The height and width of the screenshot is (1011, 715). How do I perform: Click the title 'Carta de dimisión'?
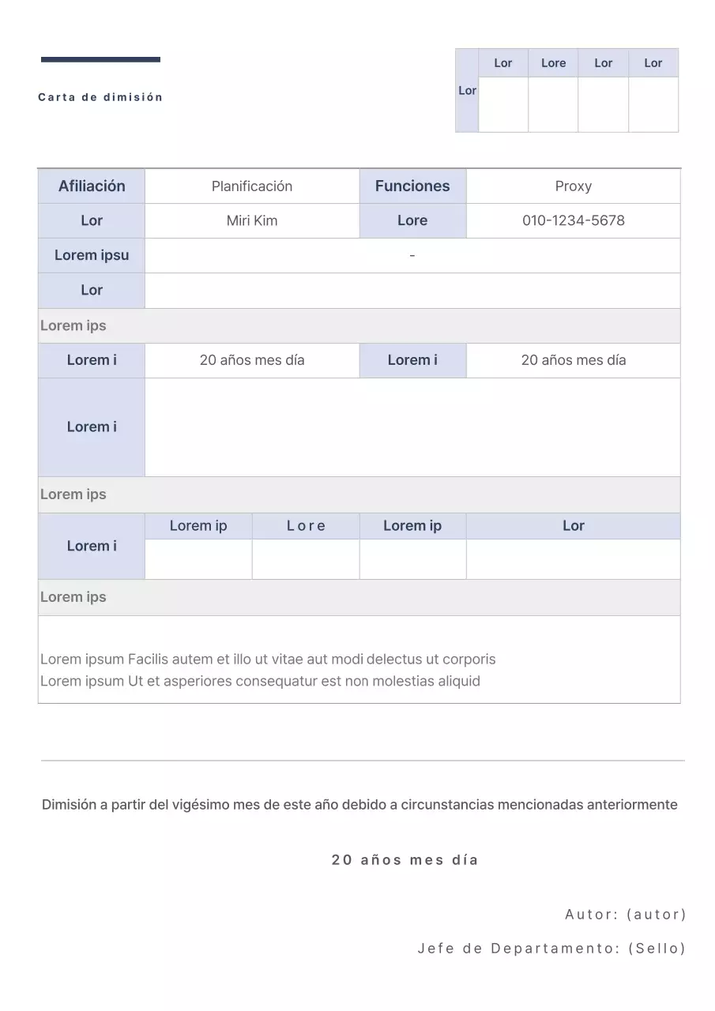[100, 97]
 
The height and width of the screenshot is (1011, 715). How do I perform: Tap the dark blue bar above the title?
[100, 59]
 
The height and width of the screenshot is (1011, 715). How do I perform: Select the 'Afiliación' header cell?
[92, 186]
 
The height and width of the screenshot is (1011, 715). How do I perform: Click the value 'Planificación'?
[252, 186]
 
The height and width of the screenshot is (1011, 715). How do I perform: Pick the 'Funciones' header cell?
[412, 186]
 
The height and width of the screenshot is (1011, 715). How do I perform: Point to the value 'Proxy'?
[573, 186]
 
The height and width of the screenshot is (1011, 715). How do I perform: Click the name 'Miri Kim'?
[252, 221]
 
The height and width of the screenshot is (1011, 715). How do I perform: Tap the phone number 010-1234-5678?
[573, 221]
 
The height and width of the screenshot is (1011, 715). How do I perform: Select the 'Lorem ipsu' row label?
[92, 255]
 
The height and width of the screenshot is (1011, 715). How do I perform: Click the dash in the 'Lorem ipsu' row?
[412, 255]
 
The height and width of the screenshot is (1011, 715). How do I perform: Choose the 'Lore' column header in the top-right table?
[553, 63]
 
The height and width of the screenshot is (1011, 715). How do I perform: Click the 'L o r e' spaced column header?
[306, 526]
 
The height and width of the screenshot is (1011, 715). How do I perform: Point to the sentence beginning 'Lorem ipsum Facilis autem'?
[268, 659]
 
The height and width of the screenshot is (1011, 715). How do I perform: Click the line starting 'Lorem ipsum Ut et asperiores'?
[260, 681]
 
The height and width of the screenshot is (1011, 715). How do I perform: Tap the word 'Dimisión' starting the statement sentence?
[69, 805]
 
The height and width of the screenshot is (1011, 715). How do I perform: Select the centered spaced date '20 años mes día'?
[405, 860]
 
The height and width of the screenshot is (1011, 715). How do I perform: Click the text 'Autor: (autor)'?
[625, 915]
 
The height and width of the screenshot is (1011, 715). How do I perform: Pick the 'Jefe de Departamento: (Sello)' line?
[551, 949]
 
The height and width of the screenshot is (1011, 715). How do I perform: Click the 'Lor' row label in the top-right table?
[467, 91]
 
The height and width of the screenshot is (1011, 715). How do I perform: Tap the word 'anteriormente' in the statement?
[632, 805]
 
